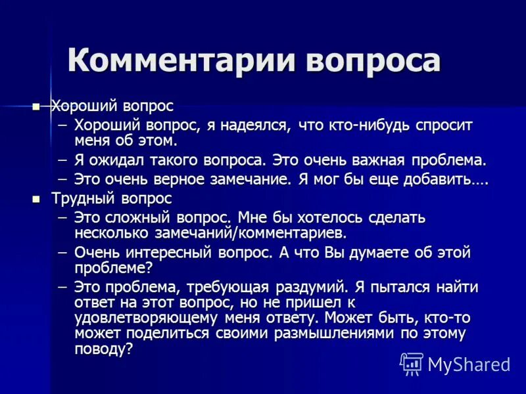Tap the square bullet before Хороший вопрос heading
pos(36,106)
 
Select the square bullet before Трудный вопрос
pos(36,198)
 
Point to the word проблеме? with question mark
pos(113,267)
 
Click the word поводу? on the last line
pos(103,349)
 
